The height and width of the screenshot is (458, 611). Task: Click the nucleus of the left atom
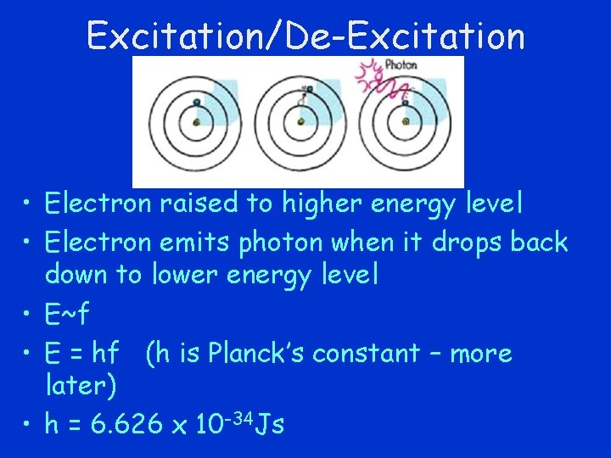(x=196, y=122)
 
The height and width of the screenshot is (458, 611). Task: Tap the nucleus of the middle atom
(x=300, y=122)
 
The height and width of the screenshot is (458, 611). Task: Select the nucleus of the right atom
(x=406, y=122)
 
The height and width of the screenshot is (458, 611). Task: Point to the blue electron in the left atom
(x=196, y=103)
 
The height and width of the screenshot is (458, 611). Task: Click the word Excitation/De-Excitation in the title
(x=305, y=36)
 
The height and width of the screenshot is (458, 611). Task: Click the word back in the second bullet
(x=539, y=243)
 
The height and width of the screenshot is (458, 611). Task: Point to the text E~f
(x=67, y=315)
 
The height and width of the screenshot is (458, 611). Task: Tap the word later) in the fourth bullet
(x=81, y=386)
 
